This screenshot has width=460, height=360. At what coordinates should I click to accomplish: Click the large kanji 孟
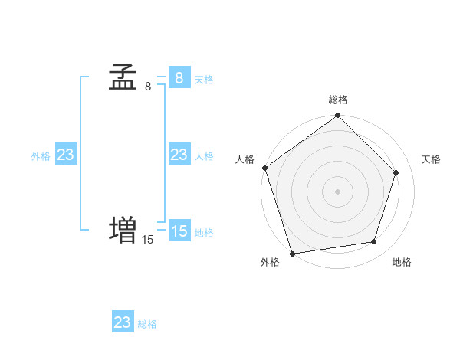coord(123,77)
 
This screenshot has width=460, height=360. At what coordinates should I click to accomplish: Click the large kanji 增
coord(123,231)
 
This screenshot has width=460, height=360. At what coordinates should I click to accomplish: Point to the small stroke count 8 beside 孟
coord(148,87)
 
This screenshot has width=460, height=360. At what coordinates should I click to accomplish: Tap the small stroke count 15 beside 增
coord(147,240)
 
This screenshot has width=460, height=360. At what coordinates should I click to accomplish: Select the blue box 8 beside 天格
coord(179,78)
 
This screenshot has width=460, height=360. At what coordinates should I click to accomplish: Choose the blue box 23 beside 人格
coord(179,155)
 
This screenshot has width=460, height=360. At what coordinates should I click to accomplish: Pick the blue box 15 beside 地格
coord(179,231)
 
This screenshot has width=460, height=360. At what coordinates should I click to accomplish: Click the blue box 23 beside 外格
coord(66,155)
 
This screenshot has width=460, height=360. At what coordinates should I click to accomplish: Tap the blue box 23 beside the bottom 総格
coord(123,322)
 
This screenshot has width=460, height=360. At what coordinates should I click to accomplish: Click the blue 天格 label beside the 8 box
coord(204,80)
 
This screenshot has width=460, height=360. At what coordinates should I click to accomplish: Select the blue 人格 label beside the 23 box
coord(204,156)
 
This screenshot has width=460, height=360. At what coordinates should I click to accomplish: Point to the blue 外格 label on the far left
coord(41,156)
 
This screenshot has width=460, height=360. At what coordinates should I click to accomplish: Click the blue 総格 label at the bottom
coord(147,324)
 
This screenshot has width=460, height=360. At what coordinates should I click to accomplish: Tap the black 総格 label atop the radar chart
coord(338,100)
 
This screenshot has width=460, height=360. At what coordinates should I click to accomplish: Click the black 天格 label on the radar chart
coord(431,159)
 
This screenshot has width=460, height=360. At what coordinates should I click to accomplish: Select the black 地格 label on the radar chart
coord(402,262)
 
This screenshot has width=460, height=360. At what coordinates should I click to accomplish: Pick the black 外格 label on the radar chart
coord(270,262)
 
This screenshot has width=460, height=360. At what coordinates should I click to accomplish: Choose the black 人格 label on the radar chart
coord(245,159)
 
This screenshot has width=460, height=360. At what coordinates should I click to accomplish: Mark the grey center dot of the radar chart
coord(338,191)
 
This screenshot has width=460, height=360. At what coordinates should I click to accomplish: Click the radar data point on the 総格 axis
coord(338,116)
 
